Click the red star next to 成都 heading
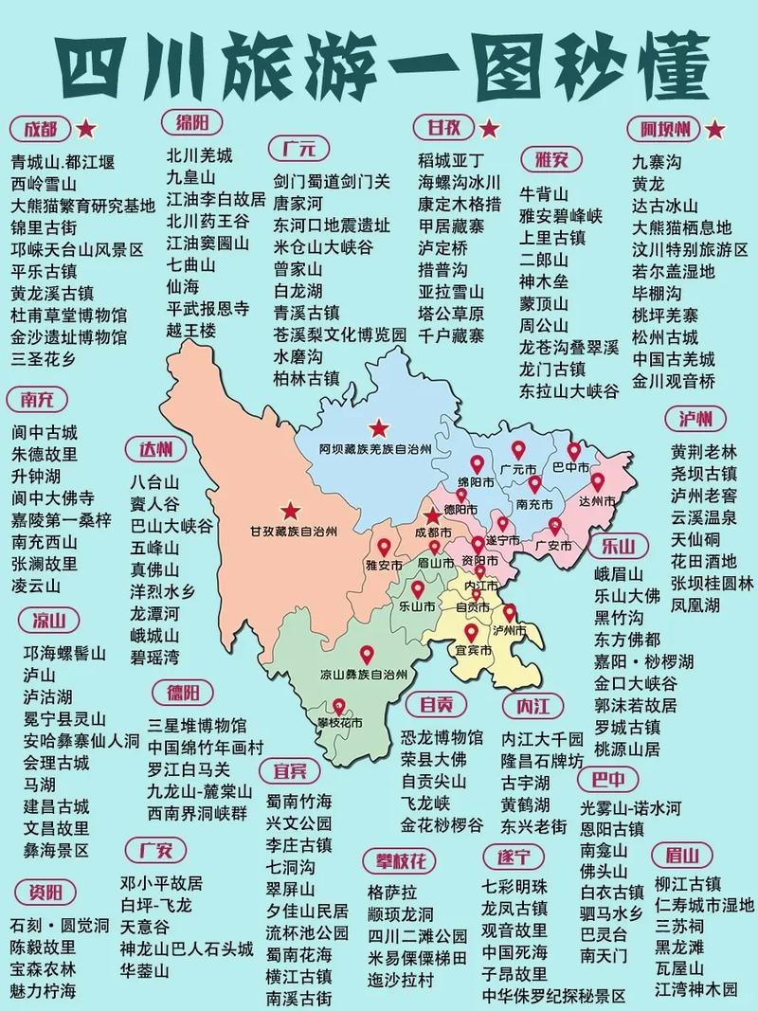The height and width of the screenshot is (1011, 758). click(x=86, y=128)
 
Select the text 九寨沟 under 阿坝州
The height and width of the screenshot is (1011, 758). click(x=657, y=162)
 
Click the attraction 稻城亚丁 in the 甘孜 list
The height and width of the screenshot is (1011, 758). click(x=451, y=159)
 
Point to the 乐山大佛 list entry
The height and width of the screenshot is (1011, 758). click(x=626, y=596)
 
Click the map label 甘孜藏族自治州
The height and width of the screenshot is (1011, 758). click(x=293, y=532)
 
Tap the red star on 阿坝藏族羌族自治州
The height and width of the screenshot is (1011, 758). click(x=380, y=426)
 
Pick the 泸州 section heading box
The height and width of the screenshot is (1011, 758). click(x=695, y=419)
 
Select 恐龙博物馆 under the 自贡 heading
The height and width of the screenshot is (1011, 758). click(x=442, y=736)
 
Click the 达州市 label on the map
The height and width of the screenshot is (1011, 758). click(x=597, y=500)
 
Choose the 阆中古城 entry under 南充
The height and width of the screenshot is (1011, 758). click(x=45, y=431)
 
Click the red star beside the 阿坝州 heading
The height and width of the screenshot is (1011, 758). click(x=715, y=128)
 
